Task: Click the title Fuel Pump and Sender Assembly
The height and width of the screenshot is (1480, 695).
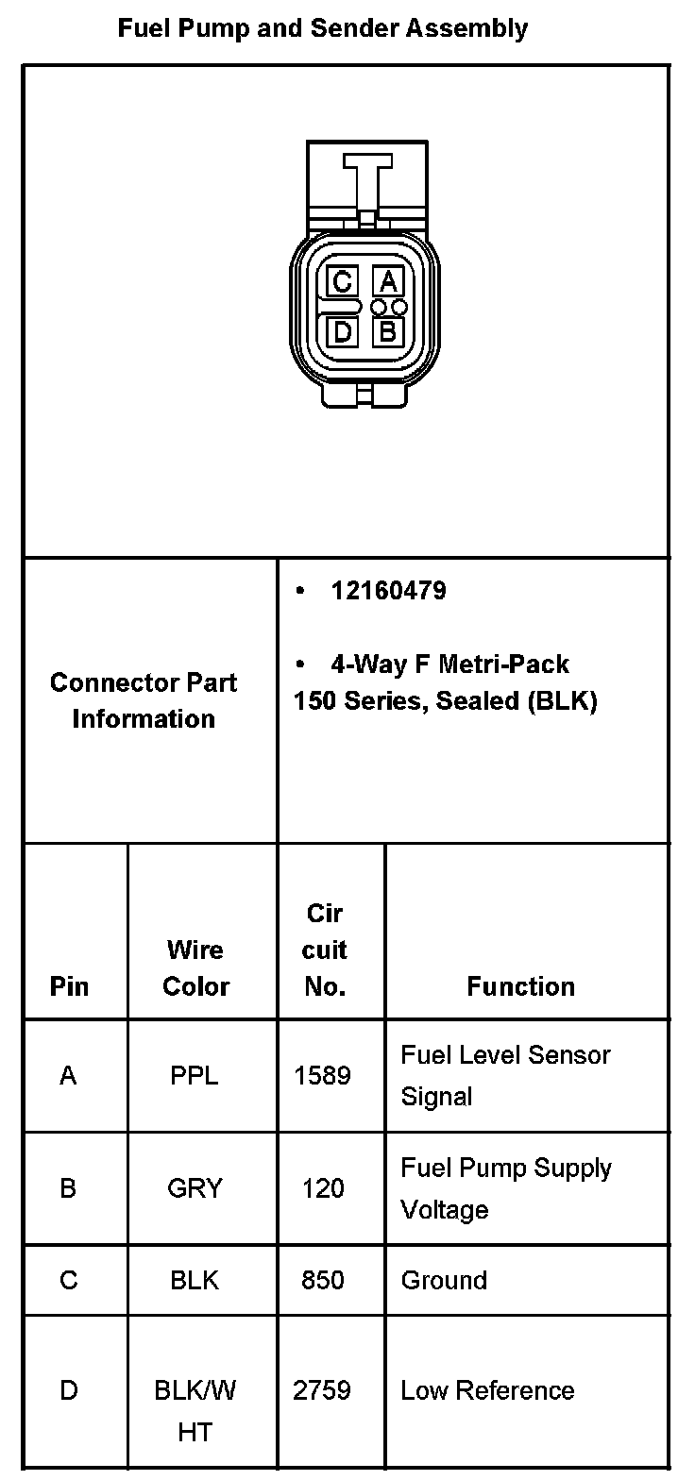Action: click(322, 29)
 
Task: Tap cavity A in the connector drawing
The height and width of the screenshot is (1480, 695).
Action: click(388, 281)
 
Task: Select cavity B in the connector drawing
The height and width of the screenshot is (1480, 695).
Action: click(388, 331)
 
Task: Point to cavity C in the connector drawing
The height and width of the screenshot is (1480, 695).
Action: click(342, 281)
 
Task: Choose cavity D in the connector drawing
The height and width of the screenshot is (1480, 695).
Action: click(342, 331)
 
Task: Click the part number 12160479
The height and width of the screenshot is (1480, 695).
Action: click(388, 592)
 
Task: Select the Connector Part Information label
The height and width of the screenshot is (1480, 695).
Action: click(144, 700)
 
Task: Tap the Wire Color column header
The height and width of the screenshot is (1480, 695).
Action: click(195, 967)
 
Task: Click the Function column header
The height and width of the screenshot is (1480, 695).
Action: click(520, 986)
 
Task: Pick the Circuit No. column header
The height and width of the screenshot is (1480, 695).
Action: click(324, 950)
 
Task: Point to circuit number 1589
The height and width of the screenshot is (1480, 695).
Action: click(323, 1075)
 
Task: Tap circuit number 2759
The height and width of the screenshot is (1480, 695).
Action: click(323, 1390)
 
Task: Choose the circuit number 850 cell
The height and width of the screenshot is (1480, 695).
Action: click(323, 1280)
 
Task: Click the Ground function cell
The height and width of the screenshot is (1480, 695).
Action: click(444, 1280)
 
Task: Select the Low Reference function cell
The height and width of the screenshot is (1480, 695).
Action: click(487, 1390)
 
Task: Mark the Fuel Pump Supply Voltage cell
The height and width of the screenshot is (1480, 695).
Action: click(506, 1188)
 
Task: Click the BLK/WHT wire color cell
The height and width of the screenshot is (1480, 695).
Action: click(195, 1410)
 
